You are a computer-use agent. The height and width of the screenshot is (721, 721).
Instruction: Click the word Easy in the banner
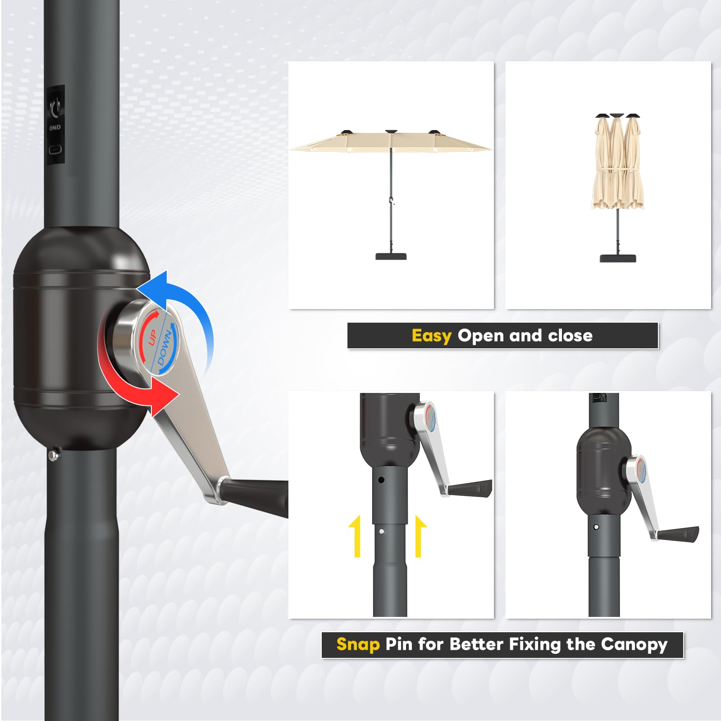[x=431, y=336]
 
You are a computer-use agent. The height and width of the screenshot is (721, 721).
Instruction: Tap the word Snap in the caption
[x=358, y=644]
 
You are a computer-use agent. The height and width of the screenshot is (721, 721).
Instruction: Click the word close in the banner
[x=570, y=335]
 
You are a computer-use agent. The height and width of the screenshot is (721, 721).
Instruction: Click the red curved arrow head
[x=164, y=396]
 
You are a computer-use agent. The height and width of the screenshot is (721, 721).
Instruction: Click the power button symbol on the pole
[x=55, y=108]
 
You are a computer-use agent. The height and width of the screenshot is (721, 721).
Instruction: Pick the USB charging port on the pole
[x=55, y=150]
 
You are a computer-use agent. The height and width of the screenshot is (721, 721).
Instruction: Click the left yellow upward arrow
[x=356, y=536]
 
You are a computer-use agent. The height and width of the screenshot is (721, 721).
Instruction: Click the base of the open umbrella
[x=391, y=256]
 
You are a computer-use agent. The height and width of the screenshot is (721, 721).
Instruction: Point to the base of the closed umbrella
[x=618, y=258]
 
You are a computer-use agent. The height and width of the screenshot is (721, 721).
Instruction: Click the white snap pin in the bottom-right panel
[x=596, y=527]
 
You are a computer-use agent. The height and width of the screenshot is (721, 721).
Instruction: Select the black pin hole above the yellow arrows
[x=381, y=480]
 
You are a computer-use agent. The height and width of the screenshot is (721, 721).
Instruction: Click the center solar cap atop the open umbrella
[x=391, y=132]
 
